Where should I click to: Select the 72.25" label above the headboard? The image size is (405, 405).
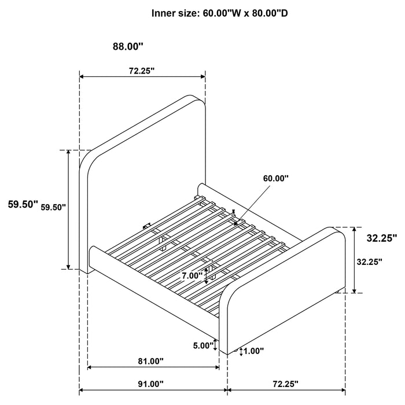click(141, 71)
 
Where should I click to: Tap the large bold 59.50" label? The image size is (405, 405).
click(23, 204)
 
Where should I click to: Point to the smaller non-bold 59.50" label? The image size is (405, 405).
click(54, 207)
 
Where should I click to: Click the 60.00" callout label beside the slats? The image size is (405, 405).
click(275, 179)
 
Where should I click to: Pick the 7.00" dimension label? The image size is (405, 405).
click(193, 276)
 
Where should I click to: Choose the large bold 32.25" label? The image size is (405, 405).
click(381, 237)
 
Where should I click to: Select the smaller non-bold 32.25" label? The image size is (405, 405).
click(370, 262)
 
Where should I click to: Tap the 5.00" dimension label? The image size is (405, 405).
click(203, 346)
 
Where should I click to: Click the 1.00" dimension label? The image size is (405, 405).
click(254, 351)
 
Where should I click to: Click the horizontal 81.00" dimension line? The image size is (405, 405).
click(153, 367)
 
